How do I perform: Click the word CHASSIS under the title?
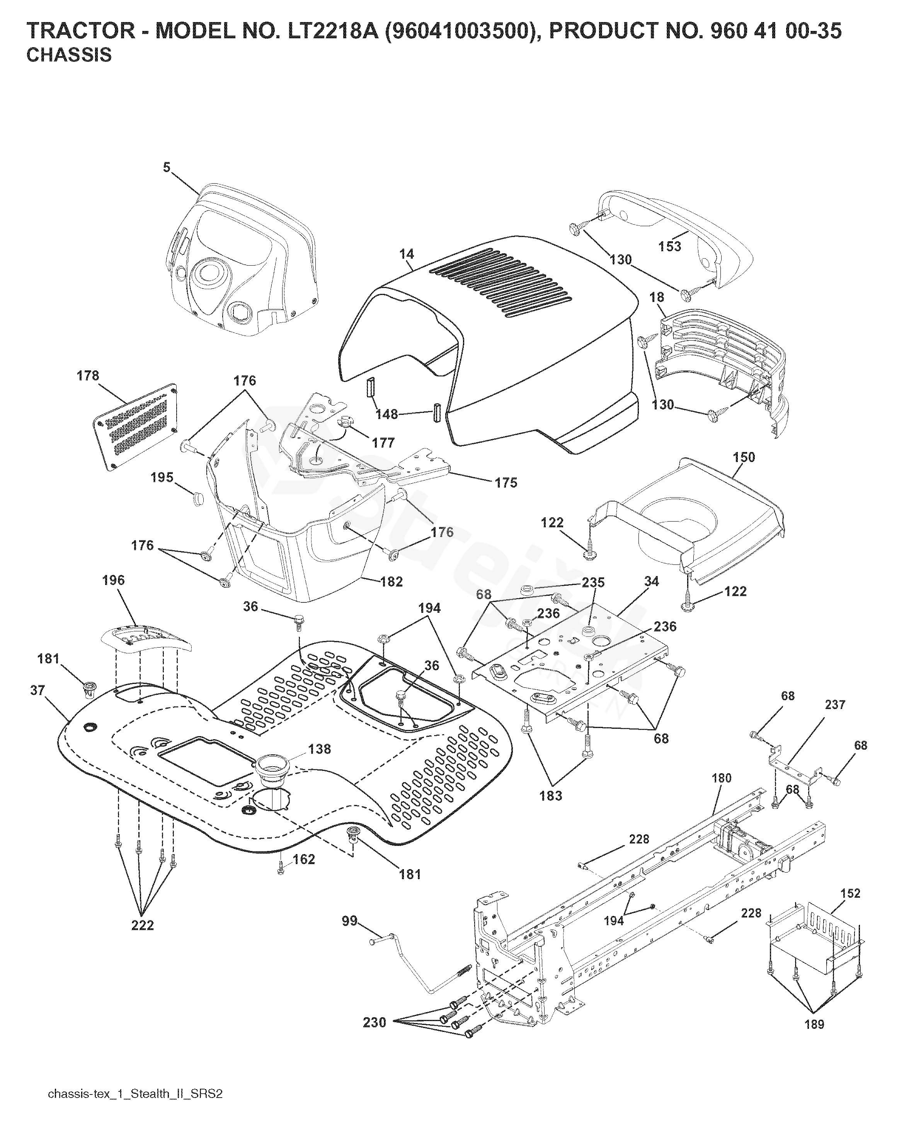pos(69,55)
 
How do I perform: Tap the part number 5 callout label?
pos(166,168)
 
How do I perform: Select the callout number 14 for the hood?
pos(407,254)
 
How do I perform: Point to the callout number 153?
pos(670,246)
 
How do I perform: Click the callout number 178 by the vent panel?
pos(87,376)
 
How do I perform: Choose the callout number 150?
pos(744,457)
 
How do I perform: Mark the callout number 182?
pos(392,582)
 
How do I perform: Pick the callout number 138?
pos(319,749)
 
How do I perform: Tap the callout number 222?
pos(143,925)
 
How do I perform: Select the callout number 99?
pos(350,921)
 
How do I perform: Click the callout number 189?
pos(814,1024)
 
